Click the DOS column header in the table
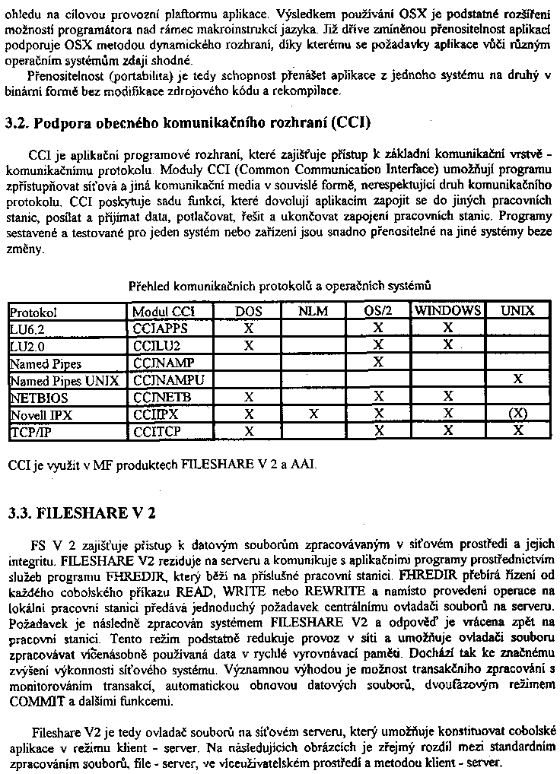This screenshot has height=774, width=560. coord(248,311)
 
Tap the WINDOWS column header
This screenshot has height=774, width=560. coord(447,311)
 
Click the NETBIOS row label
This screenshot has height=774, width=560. coord(39,397)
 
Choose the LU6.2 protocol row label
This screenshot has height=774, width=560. coord(27,328)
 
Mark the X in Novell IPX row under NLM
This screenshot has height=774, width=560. coord(313,414)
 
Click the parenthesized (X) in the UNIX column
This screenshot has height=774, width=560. coord(518,414)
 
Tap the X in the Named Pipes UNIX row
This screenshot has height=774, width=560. coord(518,379)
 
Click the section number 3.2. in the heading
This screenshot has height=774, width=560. coord(17,122)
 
